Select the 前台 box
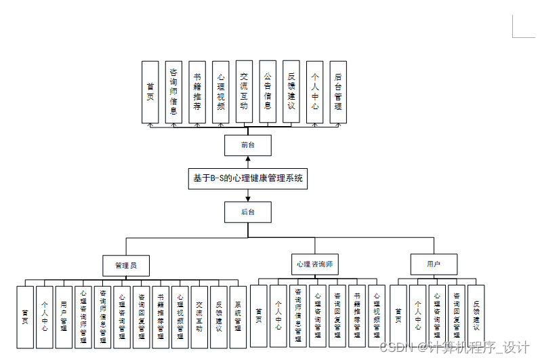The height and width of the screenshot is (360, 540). coord(248,145)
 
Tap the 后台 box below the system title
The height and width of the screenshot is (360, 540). coord(248,212)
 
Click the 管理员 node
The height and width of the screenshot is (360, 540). coord(126,264)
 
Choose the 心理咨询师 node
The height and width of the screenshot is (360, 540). coord(314,264)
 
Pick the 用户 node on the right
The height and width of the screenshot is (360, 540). coord(434,264)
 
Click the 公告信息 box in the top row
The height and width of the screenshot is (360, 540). coord(268,92)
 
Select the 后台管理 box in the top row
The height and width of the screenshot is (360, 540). coord(338,92)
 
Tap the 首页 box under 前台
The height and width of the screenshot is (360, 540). coord(150,92)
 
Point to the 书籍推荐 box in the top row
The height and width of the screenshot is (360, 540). coord(197,92)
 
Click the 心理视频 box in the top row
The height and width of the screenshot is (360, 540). coord(220,92)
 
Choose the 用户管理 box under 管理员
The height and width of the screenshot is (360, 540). coord(64,317)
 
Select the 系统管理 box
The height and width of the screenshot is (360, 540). coord(237,317)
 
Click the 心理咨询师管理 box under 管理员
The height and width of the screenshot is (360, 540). coord(83,317)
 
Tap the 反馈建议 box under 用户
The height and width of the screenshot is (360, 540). coord(476,317)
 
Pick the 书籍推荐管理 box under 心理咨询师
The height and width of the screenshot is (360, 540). coord(356,317)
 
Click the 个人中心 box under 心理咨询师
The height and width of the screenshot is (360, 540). coord(278,317)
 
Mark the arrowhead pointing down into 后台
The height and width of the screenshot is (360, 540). coord(248,199)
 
